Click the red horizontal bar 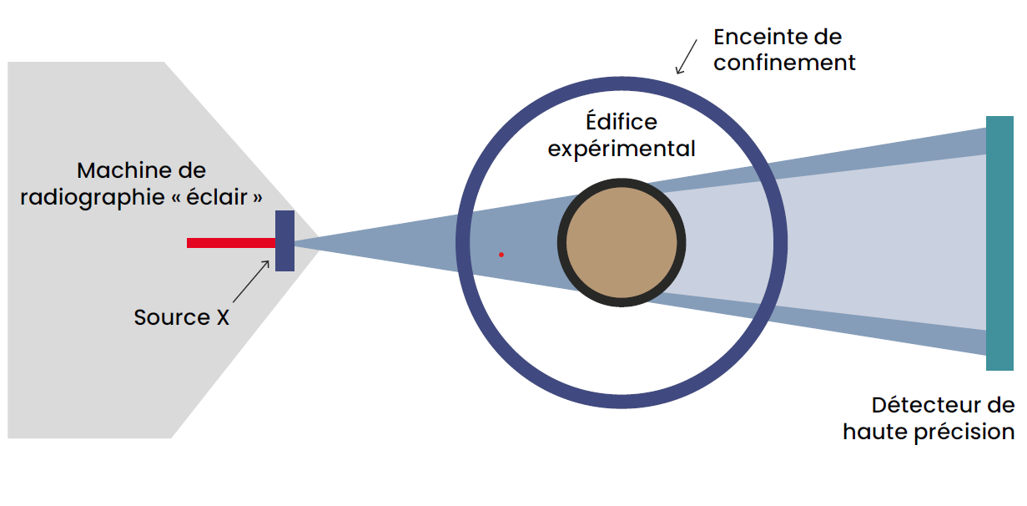230,243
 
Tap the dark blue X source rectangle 284,240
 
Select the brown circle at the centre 622,243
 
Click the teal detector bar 999,243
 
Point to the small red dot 501,254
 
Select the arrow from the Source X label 251,282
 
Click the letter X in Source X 222,318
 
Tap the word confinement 784,63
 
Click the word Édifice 621,122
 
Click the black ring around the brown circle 561,243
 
